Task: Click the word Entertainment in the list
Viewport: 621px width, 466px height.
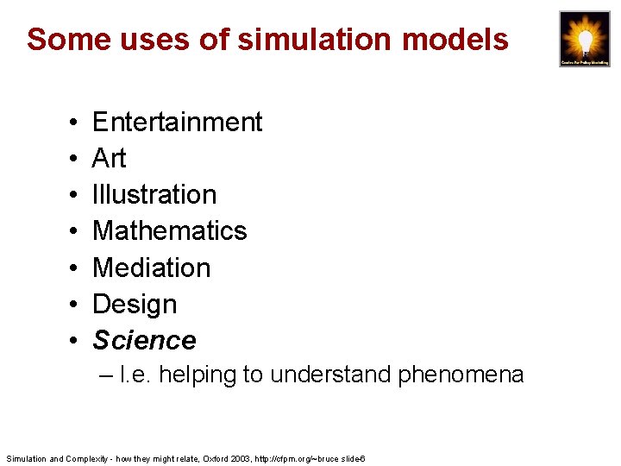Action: coord(177,123)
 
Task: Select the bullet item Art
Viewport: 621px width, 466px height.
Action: coord(109,159)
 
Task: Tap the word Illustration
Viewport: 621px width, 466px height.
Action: coord(154,195)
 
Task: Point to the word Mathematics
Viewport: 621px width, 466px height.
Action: coord(169,231)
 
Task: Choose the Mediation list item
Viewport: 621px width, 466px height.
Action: coord(151,268)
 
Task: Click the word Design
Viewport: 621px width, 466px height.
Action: coord(135,305)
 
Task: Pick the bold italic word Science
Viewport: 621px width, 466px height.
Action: coord(144,341)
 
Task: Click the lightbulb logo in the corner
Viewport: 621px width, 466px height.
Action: coord(584,38)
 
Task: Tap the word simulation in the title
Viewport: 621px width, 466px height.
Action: coord(281,39)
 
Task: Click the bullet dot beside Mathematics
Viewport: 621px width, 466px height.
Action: coord(70,232)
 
